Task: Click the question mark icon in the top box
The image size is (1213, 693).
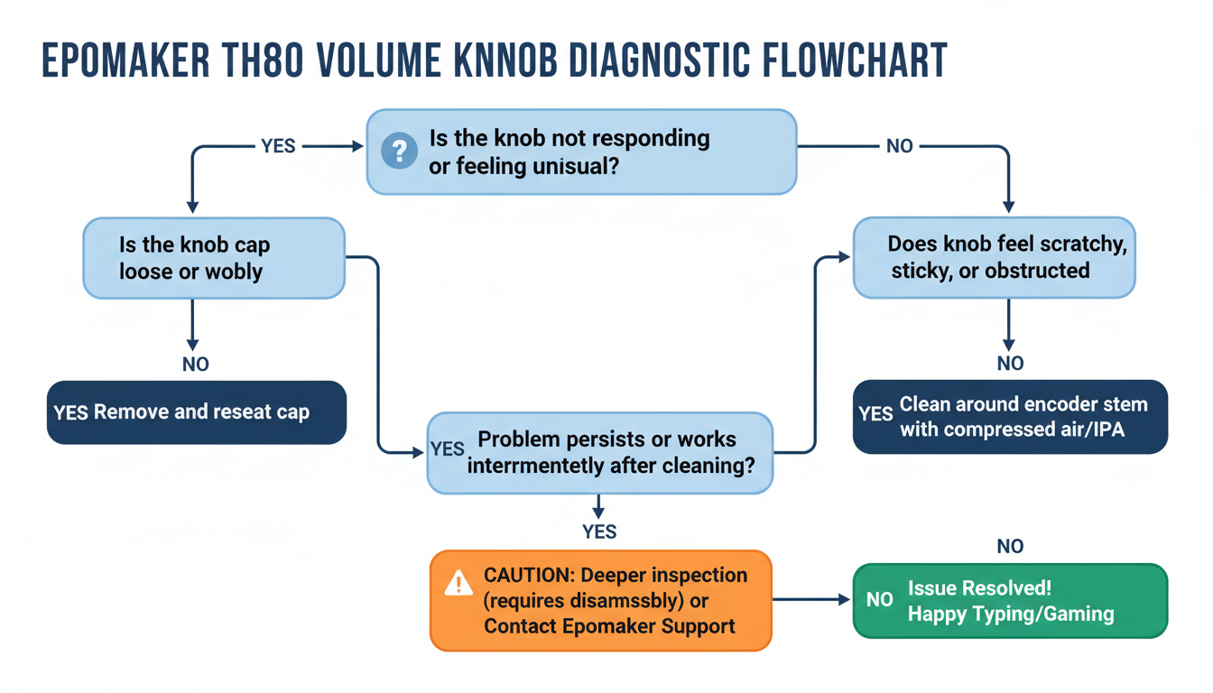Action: pyautogui.click(x=399, y=151)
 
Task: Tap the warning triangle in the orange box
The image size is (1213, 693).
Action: pyautogui.click(x=458, y=585)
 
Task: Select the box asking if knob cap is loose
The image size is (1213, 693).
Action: pyautogui.click(x=214, y=258)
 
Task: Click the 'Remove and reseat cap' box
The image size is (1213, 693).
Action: pyautogui.click(x=197, y=412)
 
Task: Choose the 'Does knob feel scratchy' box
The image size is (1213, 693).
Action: pyautogui.click(x=994, y=257)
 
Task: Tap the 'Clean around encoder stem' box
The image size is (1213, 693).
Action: pyautogui.click(x=1010, y=416)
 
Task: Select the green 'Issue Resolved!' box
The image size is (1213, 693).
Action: pyautogui.click(x=1010, y=601)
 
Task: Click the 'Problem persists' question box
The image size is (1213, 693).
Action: pyautogui.click(x=599, y=453)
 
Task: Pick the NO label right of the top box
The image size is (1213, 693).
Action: pyautogui.click(x=899, y=146)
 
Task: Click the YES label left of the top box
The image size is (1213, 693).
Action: pyautogui.click(x=278, y=146)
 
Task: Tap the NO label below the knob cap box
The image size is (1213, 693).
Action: pyautogui.click(x=195, y=365)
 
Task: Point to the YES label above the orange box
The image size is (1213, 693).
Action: pyautogui.click(x=599, y=531)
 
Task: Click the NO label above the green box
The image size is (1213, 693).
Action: pyautogui.click(x=1010, y=546)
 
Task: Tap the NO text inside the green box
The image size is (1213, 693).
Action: pyautogui.click(x=879, y=600)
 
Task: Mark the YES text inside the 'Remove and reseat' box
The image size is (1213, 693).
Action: pyautogui.click(x=70, y=413)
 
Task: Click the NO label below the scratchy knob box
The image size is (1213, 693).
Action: pyautogui.click(x=1010, y=363)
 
